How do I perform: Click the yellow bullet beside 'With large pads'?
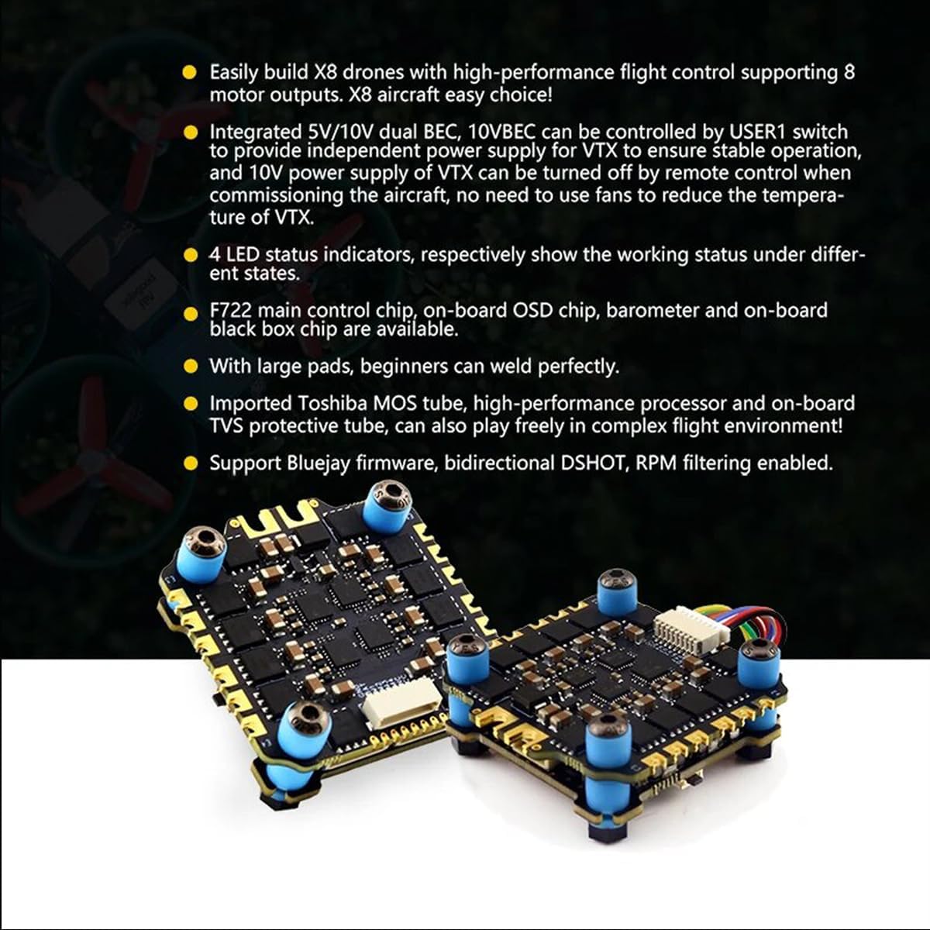click(x=191, y=366)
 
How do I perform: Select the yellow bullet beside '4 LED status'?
click(x=191, y=255)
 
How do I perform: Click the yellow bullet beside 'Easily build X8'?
click(x=190, y=73)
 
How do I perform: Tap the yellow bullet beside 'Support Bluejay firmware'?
click(x=191, y=463)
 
